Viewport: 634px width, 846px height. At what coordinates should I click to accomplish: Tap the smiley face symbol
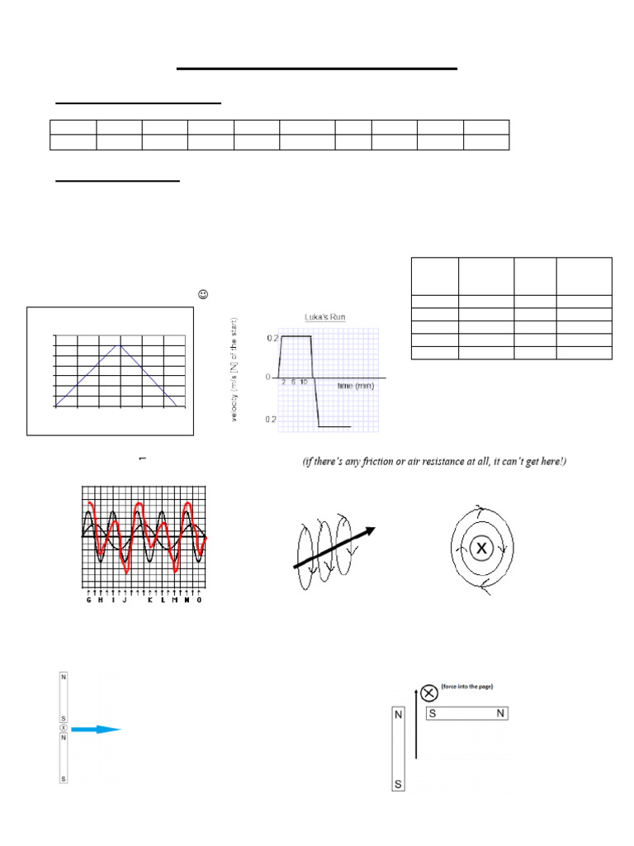[202, 294]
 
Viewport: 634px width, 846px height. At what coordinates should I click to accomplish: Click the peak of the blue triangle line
[121, 345]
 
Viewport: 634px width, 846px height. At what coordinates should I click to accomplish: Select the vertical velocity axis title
[234, 370]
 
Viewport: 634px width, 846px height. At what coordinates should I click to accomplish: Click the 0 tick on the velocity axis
[267, 377]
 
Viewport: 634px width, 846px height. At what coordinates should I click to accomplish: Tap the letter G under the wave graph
[88, 600]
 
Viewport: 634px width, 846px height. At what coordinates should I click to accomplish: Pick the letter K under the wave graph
[150, 600]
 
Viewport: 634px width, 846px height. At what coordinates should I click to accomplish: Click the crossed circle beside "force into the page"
[428, 693]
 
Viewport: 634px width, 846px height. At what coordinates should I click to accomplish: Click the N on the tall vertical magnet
[399, 715]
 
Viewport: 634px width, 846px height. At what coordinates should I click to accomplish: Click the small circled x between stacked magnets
[63, 729]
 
